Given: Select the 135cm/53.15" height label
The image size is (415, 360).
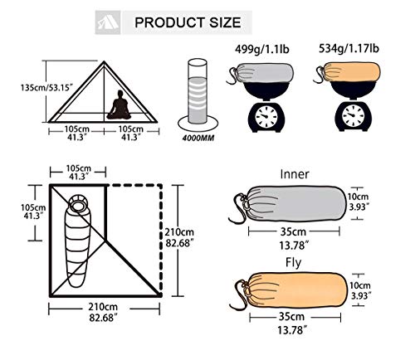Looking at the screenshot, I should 22,86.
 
